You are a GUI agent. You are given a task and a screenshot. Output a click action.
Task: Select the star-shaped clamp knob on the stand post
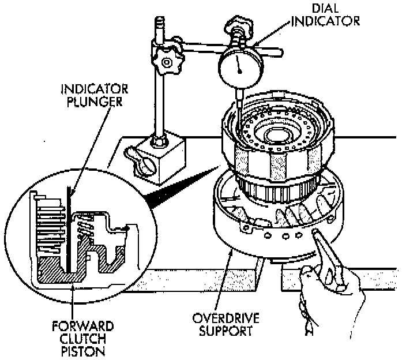(x=167, y=62)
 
